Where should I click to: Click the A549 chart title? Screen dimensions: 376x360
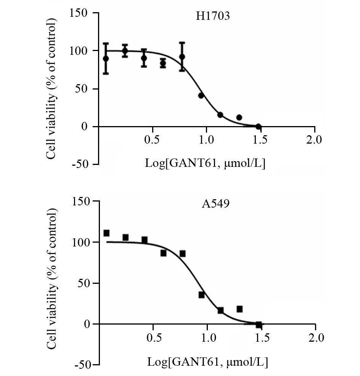click(x=215, y=204)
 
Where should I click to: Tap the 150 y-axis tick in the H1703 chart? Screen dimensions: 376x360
click(x=79, y=14)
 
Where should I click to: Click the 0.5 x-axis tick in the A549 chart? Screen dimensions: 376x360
click(x=153, y=338)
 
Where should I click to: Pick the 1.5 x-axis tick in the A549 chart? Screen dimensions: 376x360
click(x=261, y=338)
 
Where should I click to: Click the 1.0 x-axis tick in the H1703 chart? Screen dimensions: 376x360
click(x=206, y=140)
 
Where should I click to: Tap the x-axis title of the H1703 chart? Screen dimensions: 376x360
click(x=205, y=164)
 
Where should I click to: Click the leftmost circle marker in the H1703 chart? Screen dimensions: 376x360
click(x=106, y=59)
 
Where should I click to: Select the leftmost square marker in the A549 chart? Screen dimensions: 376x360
click(x=106, y=233)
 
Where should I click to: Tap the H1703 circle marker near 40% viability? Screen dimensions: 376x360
click(x=201, y=96)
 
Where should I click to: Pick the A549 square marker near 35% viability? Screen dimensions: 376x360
click(x=201, y=295)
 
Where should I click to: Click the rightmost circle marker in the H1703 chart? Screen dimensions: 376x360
click(x=258, y=126)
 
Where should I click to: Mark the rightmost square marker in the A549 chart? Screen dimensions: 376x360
click(x=259, y=325)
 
